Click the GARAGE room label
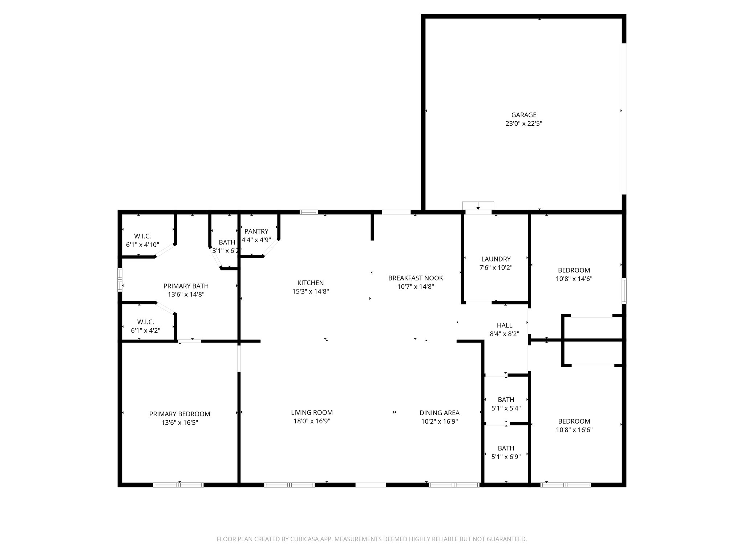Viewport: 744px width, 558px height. [523, 115]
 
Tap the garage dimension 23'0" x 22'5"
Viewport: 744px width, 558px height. [523, 124]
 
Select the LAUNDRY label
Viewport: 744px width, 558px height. [496, 259]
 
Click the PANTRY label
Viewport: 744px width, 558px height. [256, 231]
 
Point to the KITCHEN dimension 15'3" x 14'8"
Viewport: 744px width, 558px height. [310, 291]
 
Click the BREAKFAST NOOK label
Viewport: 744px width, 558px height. [415, 278]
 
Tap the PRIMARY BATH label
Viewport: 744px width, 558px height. [186, 286]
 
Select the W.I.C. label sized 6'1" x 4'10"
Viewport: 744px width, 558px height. [142, 236]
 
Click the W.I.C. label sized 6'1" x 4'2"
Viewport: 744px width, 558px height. [145, 322]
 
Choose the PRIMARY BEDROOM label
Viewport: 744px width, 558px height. [179, 414]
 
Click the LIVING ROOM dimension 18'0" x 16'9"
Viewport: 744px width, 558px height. [312, 421]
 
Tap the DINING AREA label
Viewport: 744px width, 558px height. [439, 413]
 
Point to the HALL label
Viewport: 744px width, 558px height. [504, 325]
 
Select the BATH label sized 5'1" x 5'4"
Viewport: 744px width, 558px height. [506, 400]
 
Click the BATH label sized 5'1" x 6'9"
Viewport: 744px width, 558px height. [506, 448]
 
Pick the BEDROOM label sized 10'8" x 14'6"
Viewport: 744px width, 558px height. [574, 270]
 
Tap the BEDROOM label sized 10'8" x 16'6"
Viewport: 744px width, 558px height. [574, 421]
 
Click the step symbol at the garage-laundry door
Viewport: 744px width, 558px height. [478, 206]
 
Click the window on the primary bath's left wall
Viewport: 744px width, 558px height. [120, 279]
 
